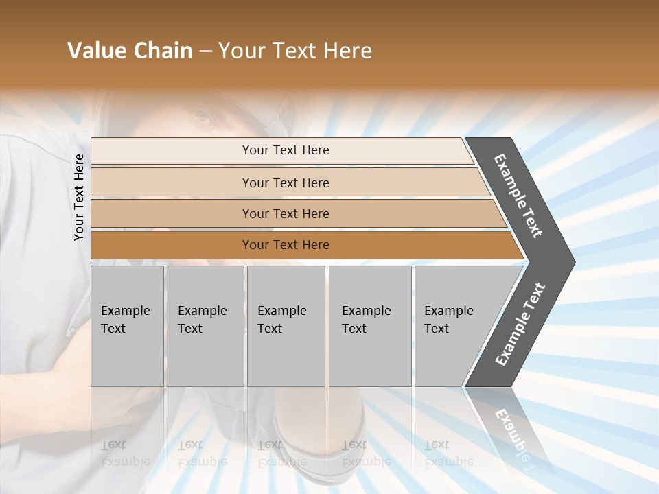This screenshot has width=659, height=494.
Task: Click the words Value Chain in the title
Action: click(130, 51)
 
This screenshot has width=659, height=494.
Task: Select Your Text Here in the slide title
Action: click(295, 51)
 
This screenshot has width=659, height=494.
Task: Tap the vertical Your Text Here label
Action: click(79, 197)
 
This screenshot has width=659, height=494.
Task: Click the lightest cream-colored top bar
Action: click(172, 151)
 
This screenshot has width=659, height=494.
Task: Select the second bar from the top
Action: click(172, 183)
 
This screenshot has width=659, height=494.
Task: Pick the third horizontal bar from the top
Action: click(172, 213)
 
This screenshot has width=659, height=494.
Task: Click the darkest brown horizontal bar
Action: click(172, 245)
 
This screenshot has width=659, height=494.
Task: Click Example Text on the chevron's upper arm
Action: click(518, 196)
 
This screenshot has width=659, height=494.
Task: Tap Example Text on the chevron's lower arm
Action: click(520, 325)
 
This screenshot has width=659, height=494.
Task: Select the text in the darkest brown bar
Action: click(286, 245)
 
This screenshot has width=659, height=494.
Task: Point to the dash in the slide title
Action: click(205, 51)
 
